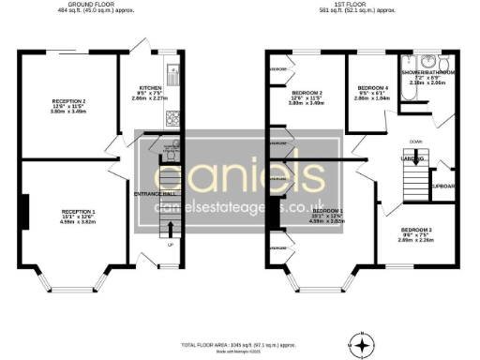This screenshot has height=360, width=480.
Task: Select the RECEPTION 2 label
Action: click(68, 100)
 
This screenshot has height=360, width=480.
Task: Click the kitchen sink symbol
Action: click(172, 69)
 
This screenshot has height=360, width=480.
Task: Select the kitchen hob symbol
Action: click(172, 117)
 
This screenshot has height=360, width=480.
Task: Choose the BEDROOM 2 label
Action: click(307, 92)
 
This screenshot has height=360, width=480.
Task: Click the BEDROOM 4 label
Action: click(373, 87)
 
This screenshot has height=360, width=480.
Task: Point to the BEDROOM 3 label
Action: click(416, 230)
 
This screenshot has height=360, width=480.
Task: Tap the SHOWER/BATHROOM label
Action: click(428, 71)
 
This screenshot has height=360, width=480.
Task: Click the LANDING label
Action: click(412, 159)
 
